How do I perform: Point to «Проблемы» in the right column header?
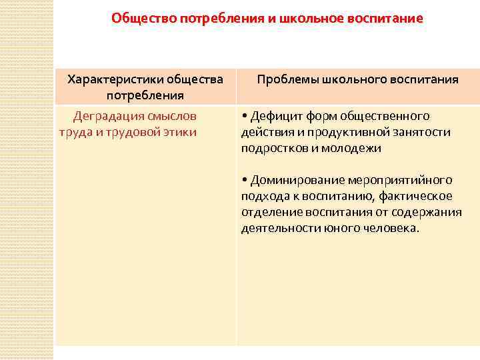coord(282,79)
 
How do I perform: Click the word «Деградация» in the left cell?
coord(103,116)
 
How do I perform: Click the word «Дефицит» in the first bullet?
coord(273,116)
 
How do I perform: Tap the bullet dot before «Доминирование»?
coord(245,180)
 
